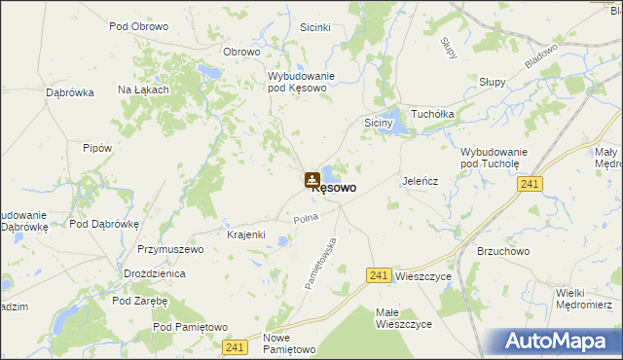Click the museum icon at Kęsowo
(311, 179)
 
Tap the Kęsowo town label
(333, 188)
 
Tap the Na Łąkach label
(143, 90)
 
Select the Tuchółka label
(433, 114)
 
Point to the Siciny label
(378, 124)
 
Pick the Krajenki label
(246, 235)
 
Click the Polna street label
(307, 218)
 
